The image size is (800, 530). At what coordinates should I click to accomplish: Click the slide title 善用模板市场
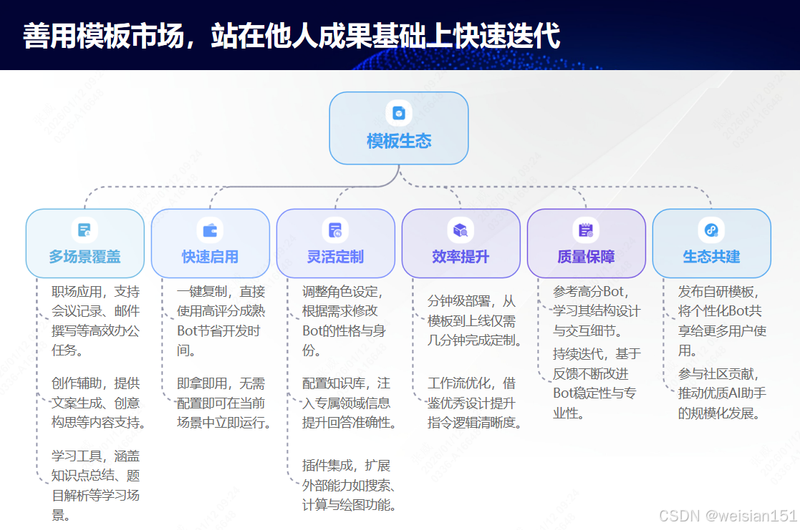pyautogui.click(x=291, y=36)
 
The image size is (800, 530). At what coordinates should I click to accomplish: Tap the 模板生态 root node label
pyautogui.click(x=399, y=141)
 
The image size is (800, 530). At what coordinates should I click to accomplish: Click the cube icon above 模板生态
pyautogui.click(x=399, y=113)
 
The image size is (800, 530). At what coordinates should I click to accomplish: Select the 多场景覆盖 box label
pyautogui.click(x=85, y=257)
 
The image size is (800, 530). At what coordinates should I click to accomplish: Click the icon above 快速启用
pyautogui.click(x=210, y=230)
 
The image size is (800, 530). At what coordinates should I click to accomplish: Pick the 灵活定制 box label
pyautogui.click(x=335, y=257)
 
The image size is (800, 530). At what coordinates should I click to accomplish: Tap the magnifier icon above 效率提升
pyautogui.click(x=461, y=230)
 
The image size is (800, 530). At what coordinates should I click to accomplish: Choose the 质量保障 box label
pyautogui.click(x=586, y=257)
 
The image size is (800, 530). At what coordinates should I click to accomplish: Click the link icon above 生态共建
pyautogui.click(x=711, y=230)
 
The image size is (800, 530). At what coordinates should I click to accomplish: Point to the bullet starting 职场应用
pyautogui.click(x=95, y=321)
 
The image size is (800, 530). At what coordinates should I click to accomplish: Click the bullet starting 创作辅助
pyautogui.click(x=98, y=403)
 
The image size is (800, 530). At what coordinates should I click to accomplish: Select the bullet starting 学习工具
pyautogui.click(x=95, y=485)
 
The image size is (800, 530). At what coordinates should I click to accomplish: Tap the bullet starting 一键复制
pyautogui.click(x=221, y=321)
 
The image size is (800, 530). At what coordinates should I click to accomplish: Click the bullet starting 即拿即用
pyautogui.click(x=223, y=403)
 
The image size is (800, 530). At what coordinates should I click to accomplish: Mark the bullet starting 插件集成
pyautogui.click(x=349, y=485)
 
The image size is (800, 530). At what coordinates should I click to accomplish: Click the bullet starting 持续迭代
pyautogui.click(x=597, y=383)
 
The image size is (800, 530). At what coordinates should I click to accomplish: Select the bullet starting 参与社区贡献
pyautogui.click(x=722, y=393)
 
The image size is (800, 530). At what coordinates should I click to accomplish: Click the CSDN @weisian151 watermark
pyautogui.click(x=728, y=516)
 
